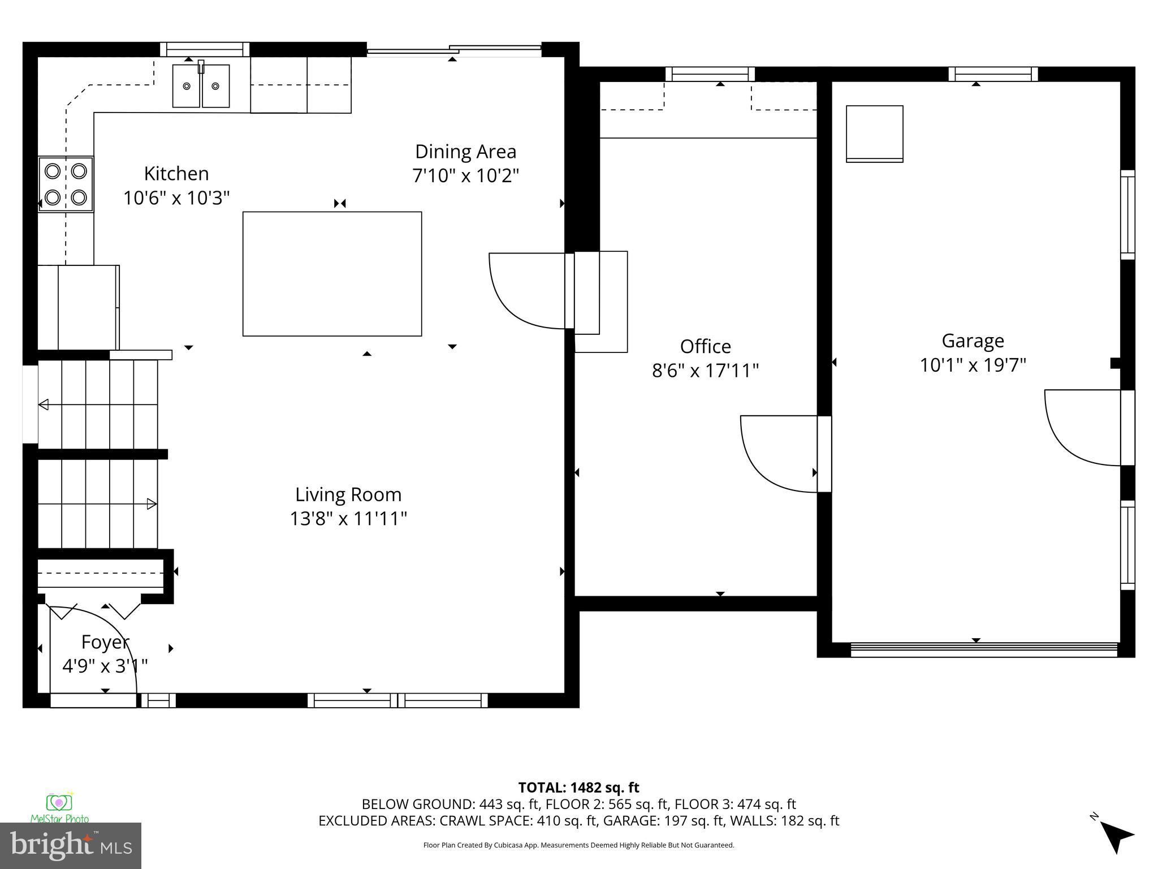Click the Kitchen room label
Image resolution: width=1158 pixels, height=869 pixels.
click(x=176, y=173)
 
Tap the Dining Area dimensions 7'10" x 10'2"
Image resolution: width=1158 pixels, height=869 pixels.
click(x=465, y=176)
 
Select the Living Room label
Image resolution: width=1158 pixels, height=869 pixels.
click(x=348, y=494)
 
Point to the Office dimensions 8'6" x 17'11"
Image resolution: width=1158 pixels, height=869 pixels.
click(x=705, y=371)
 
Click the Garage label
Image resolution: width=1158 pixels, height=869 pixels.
click(x=973, y=341)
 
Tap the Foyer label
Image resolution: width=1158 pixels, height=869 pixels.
click(x=105, y=642)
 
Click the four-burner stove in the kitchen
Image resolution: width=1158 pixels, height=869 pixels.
click(x=66, y=184)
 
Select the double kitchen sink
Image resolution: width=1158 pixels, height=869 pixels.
click(x=201, y=86)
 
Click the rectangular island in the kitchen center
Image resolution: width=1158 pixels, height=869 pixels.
click(x=332, y=274)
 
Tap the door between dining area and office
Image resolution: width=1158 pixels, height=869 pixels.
click(x=529, y=290)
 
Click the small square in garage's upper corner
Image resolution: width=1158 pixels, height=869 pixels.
click(x=874, y=134)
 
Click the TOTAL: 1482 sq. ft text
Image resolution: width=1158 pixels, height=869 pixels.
click(x=578, y=788)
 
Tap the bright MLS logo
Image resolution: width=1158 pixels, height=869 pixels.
click(x=70, y=845)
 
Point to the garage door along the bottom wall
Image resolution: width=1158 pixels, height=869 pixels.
click(x=984, y=649)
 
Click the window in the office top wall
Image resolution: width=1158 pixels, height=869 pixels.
click(x=710, y=74)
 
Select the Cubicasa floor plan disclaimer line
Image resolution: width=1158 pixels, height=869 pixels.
click(x=578, y=845)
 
